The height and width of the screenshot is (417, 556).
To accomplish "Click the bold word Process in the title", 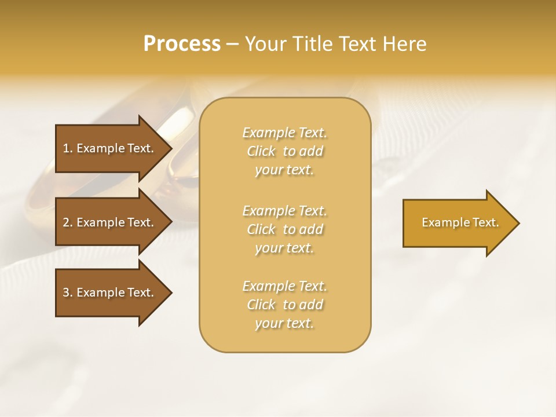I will point(182,44).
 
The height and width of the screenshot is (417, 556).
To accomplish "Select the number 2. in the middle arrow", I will point(68,222).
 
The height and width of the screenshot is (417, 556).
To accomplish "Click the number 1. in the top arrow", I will point(68,148).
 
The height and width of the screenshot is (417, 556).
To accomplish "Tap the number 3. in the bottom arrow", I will point(68,292).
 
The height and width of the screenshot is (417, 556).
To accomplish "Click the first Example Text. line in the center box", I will point(284,133).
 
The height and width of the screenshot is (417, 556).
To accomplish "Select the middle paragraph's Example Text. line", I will point(284,210).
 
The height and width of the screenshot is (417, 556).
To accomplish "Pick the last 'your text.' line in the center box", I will point(284,323).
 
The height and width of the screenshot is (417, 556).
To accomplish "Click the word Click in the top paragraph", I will point(261,151).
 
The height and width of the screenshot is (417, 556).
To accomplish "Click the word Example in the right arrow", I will point(441,222).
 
